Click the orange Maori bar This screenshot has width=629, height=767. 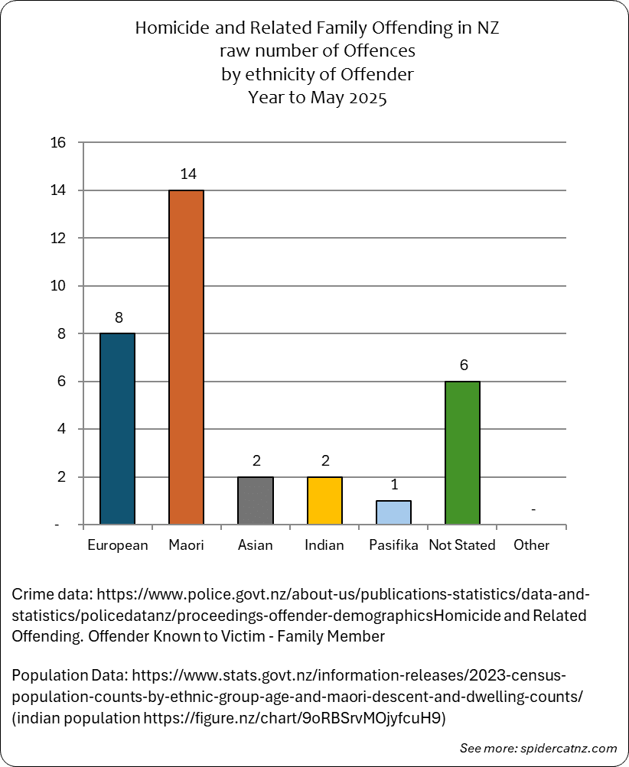[186, 357]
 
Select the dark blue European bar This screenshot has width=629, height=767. [118, 429]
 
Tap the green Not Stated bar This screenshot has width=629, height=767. [462, 453]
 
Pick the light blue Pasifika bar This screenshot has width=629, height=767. [393, 512]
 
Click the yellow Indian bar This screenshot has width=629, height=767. [324, 501]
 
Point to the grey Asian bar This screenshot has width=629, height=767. [256, 501]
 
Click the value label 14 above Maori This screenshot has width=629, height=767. [188, 174]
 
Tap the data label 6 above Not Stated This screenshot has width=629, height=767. [464, 365]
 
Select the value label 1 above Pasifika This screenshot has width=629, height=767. [395, 485]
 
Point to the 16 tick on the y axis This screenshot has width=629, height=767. [57, 142]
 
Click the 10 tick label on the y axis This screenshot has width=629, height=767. [57, 286]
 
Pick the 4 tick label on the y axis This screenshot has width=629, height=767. [61, 429]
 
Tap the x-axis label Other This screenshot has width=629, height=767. [532, 545]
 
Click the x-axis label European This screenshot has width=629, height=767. [118, 545]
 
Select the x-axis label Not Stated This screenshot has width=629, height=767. [462, 545]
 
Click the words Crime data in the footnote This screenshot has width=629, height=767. [52, 594]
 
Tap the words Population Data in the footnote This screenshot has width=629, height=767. [70, 676]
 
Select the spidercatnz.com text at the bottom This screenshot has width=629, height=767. [569, 749]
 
